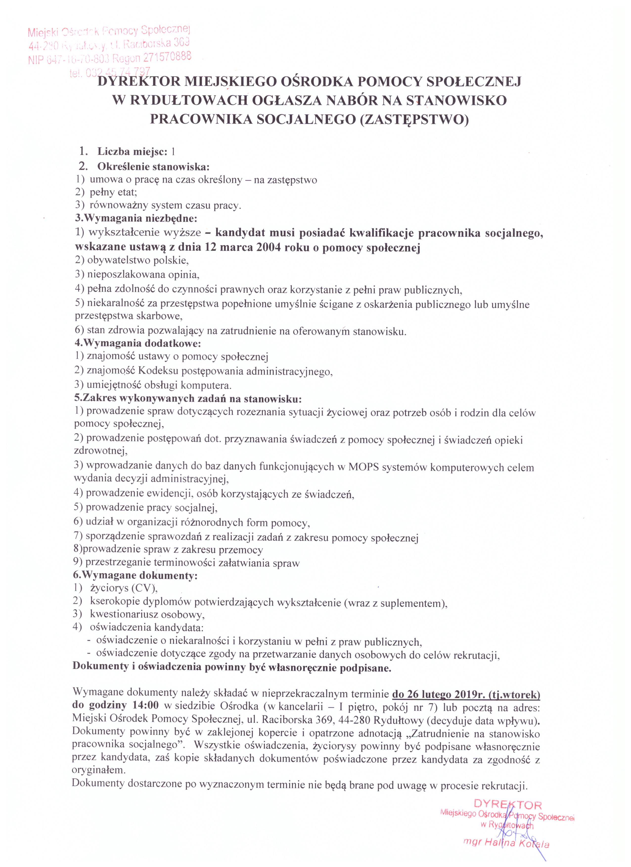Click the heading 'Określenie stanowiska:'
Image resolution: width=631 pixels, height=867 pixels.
154,167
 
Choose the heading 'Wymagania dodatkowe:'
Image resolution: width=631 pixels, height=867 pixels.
138,343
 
